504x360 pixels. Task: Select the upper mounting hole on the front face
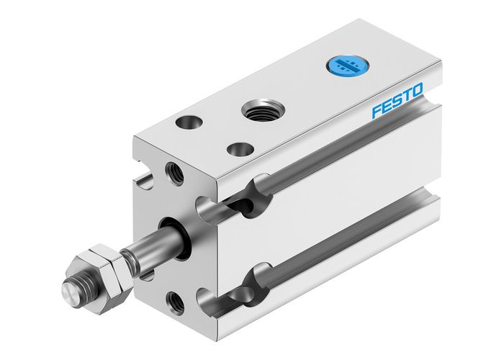click(x=174, y=173)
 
